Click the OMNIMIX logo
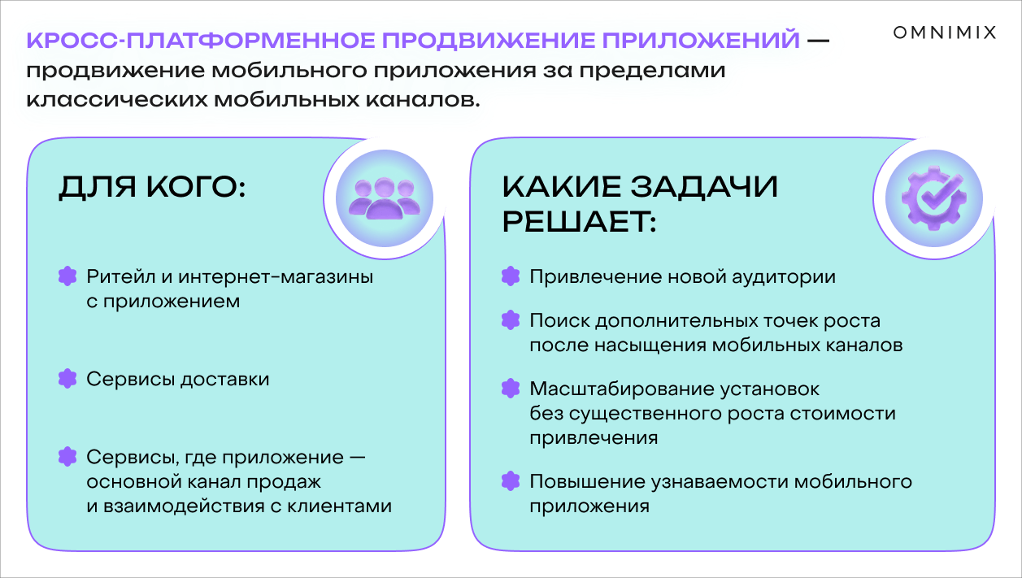click(x=945, y=33)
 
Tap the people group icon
click(x=384, y=198)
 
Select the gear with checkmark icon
click(x=934, y=198)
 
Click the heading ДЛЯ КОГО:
click(x=152, y=188)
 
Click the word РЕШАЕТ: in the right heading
click(x=579, y=222)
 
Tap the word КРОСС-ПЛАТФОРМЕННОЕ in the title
click(x=201, y=40)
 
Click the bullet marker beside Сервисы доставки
click(x=67, y=379)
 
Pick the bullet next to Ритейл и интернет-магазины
click(x=67, y=276)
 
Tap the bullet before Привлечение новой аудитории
click(x=511, y=276)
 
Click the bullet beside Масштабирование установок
click(x=511, y=389)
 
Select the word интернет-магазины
click(x=276, y=277)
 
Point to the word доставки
click(x=225, y=380)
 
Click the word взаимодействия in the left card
click(x=180, y=506)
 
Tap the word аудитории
click(x=784, y=277)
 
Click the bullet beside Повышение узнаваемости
click(x=511, y=480)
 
